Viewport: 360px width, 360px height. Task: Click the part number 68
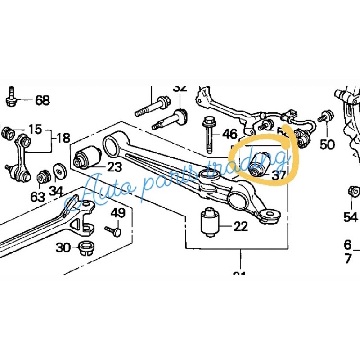tap(42, 100)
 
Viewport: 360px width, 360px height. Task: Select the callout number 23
tap(114, 167)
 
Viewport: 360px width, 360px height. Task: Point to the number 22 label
tap(240, 226)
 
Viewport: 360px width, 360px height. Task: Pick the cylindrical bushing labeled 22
tap(209, 221)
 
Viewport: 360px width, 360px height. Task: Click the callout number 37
tap(279, 175)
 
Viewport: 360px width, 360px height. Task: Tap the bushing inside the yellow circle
tap(260, 165)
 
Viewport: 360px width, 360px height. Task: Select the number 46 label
tap(229, 134)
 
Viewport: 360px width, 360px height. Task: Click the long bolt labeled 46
tap(210, 135)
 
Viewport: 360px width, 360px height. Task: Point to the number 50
tap(327, 144)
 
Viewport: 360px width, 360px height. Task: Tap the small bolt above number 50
tap(326, 117)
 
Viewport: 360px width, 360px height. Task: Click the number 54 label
tap(351, 217)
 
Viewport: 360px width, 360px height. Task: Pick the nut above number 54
tap(354, 192)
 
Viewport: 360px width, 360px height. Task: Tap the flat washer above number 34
tap(59, 170)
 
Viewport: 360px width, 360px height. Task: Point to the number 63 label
tap(38, 197)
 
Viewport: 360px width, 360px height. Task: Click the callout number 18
tap(63, 137)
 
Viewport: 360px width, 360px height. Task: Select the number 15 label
tap(35, 130)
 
